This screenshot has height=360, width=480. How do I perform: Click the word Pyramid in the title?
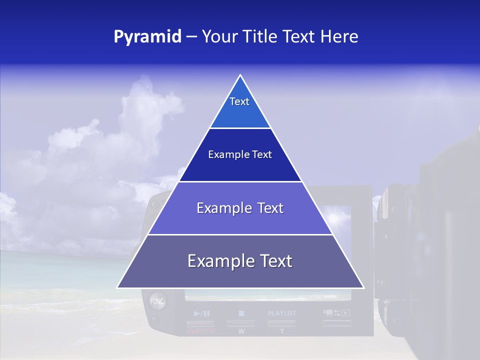pos(147,37)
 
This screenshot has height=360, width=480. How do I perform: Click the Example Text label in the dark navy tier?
pos(240,154)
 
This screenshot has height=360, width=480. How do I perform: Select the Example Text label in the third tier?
pos(240,208)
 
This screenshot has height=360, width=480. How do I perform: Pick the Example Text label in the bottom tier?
pos(240,261)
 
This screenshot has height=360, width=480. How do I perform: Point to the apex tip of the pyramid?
pos(240,76)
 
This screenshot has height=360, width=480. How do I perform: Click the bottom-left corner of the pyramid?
pos(118,287)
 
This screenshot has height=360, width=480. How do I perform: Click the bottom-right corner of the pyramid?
pos(363,287)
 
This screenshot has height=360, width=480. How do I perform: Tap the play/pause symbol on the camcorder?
pos(202,313)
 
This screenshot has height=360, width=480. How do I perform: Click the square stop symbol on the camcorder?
pos(241,313)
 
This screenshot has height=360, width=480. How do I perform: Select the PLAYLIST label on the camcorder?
pos(282,313)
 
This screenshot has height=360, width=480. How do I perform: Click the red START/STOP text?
pos(201,331)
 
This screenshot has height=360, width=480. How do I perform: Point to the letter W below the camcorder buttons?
pos(241,331)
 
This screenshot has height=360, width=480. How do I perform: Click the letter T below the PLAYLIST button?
pos(281,331)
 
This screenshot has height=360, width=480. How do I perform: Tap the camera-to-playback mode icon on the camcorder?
pos(336,313)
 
